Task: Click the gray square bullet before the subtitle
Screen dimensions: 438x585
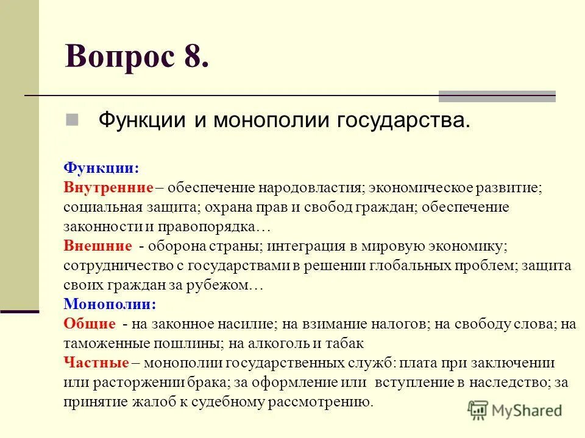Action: pyautogui.click(x=73, y=119)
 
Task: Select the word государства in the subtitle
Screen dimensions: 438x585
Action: pyautogui.click(x=402, y=120)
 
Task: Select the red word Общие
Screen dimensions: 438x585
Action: pyautogui.click(x=90, y=324)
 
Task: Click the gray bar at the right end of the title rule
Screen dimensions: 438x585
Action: pyautogui.click(x=497, y=96)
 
